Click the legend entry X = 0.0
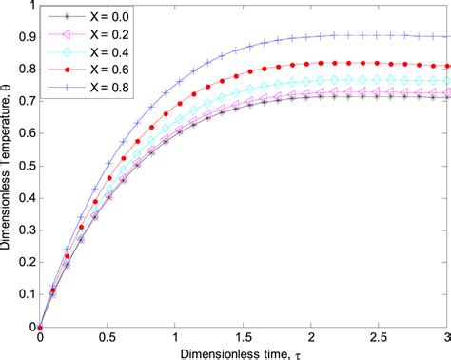point(97,16)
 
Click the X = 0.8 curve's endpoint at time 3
point(447,37)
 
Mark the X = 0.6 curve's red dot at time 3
point(447,66)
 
